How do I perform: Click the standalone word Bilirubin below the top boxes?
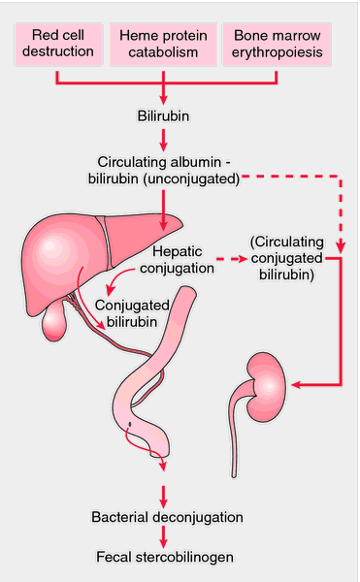pos(163,115)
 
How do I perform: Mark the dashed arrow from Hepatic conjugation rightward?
pos(229,260)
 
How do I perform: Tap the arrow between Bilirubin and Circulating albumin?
pos(163,138)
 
